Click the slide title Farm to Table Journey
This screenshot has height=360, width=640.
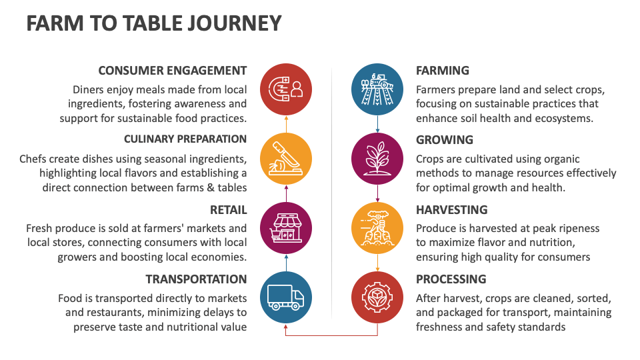pos(154,23)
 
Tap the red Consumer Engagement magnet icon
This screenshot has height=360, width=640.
pos(286,89)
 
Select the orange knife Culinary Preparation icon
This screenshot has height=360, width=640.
pos(286,159)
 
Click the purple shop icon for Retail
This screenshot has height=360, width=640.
pos(286,228)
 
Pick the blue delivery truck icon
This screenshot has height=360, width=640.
pos(286,297)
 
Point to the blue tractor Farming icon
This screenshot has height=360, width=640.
pos(377,89)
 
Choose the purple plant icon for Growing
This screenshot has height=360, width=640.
pos(377,159)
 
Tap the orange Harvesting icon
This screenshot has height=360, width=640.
pos(377,228)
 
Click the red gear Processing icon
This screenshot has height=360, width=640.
pos(377,297)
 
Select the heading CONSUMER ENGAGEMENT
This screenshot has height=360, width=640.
pos(172,71)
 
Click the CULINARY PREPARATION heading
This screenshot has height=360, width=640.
pos(185,139)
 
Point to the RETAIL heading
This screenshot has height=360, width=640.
pos(228,210)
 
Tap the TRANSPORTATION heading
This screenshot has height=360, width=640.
pos(196,279)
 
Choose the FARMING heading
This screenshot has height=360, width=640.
pos(443,71)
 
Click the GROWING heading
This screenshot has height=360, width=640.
pos(445,140)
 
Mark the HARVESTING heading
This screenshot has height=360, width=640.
pos(452,210)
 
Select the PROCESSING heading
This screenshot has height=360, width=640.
pos(451,279)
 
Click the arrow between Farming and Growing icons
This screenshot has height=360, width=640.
pos(377,124)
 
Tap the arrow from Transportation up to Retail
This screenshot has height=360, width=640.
pos(286,263)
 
